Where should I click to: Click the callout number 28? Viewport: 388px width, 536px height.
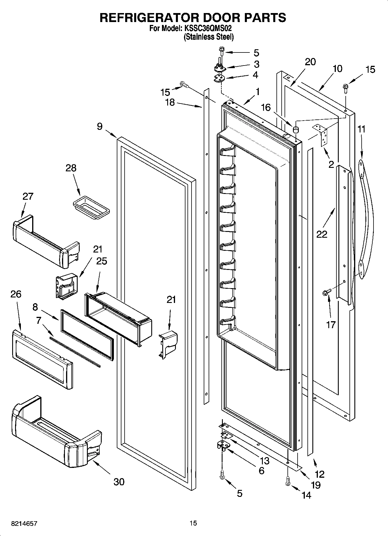point(71,168)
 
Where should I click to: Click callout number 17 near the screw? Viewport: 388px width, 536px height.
point(331,325)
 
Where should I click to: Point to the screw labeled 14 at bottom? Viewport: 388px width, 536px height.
point(287,482)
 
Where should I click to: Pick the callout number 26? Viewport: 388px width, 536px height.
point(16,294)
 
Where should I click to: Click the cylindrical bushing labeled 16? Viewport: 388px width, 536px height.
point(296,129)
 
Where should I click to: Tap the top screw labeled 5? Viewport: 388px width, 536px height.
point(222,52)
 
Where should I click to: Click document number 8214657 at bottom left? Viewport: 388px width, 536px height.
point(24,523)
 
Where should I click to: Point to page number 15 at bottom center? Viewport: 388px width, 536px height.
point(193,523)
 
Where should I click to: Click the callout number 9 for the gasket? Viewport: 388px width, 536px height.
point(99,127)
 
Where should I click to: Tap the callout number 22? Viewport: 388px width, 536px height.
point(322,234)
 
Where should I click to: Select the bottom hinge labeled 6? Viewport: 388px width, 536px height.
point(223,445)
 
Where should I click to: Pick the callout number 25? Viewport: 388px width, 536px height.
point(101,261)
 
